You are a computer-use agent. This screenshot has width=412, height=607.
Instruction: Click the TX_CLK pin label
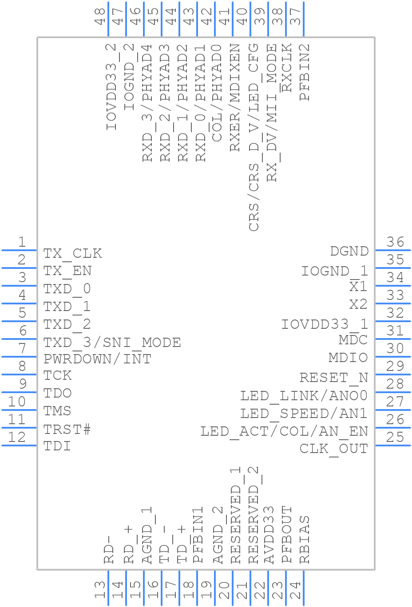[x=72, y=253]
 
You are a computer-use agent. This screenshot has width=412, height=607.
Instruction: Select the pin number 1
[x=21, y=242]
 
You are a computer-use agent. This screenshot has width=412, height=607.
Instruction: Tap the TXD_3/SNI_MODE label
[x=112, y=343]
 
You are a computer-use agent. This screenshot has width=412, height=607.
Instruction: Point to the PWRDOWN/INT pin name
[x=97, y=359]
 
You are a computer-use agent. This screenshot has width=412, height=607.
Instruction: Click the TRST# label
[x=67, y=429]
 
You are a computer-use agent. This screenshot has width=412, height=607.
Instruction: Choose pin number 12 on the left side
[x=17, y=438]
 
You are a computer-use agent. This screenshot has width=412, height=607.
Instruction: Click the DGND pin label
[x=349, y=252]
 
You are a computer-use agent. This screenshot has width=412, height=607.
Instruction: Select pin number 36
[x=395, y=242]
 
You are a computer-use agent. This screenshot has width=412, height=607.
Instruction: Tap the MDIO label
[x=348, y=358]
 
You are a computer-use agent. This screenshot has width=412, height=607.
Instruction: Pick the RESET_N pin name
[x=333, y=378]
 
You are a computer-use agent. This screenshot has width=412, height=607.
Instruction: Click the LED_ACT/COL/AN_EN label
[x=284, y=431]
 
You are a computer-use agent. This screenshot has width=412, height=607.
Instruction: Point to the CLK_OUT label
[x=333, y=449]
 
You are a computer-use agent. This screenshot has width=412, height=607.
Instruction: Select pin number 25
[x=395, y=438]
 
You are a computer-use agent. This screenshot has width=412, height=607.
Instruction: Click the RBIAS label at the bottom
[x=305, y=540]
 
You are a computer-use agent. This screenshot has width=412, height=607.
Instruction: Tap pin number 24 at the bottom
[x=295, y=591]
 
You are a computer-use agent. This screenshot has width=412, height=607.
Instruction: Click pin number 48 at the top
[x=100, y=16]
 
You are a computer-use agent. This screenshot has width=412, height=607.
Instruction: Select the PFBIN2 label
[x=305, y=72]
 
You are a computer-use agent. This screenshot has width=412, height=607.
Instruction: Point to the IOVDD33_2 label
[x=111, y=87]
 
